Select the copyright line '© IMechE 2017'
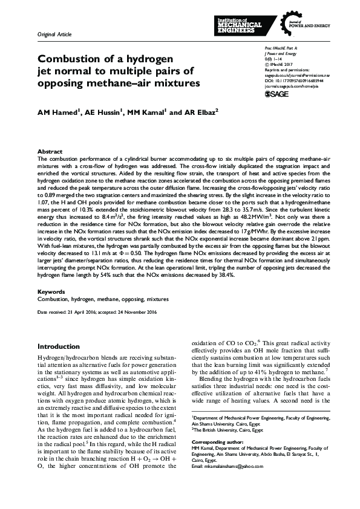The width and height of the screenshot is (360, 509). pyautogui.click(x=280, y=62)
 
